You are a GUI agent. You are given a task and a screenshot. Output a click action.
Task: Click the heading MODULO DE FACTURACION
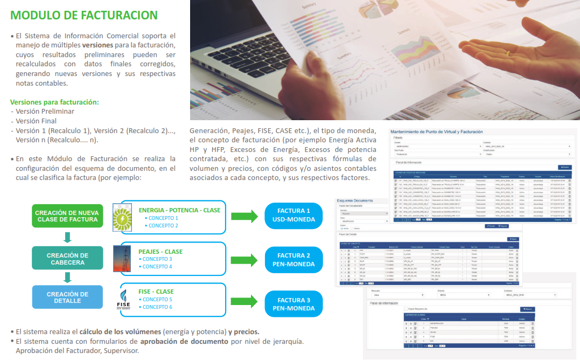tap(84, 16)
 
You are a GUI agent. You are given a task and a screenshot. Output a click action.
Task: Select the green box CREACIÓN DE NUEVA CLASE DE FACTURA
tap(67, 216)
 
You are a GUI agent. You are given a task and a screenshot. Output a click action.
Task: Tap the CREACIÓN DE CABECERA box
tap(67, 259)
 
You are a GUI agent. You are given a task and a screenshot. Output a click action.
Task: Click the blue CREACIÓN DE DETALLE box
tap(67, 297)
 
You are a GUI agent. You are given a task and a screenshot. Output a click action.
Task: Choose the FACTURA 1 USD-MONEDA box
tap(294, 216)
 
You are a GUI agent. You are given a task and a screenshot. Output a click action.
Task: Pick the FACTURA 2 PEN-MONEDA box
tap(294, 260)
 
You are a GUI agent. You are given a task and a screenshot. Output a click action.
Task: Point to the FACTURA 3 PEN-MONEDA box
tap(294, 304)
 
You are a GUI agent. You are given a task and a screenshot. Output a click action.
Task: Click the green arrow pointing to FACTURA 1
tap(244, 217)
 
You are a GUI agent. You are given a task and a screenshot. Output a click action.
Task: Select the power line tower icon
tap(122, 259)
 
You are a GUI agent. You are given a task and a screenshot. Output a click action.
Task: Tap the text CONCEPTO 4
tap(157, 267)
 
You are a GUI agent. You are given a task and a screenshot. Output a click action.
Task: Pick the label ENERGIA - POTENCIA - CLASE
tap(179, 210)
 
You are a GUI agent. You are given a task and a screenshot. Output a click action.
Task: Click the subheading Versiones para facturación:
tap(54, 102)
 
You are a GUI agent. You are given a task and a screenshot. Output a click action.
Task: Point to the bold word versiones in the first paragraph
tap(97, 45)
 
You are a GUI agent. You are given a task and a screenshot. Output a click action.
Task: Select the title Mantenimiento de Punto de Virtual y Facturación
tap(436, 131)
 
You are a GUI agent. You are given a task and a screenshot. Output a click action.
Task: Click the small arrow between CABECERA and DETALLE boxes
tap(67, 278)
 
